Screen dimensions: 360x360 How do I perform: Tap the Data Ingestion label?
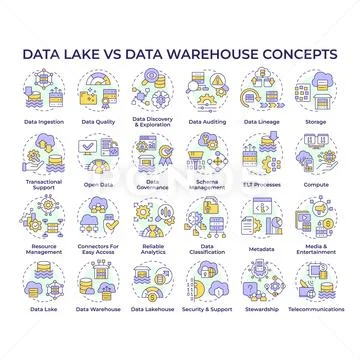(45, 122)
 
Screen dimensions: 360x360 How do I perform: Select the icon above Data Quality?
(97, 90)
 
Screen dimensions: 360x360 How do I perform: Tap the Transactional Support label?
(45, 184)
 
